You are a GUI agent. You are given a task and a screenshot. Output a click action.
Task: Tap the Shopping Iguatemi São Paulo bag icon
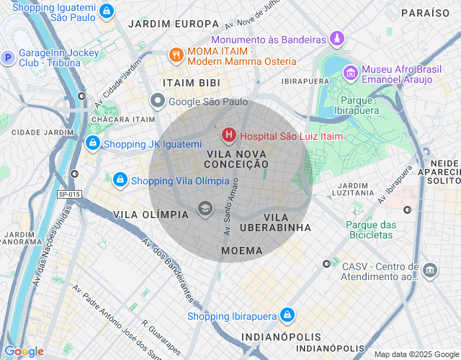[x=107, y=12]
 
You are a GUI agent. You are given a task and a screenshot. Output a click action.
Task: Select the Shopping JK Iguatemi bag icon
[x=92, y=144]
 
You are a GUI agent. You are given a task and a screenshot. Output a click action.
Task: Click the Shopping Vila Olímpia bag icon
[x=120, y=180]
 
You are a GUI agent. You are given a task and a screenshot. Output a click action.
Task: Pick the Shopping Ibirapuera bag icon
[x=287, y=315]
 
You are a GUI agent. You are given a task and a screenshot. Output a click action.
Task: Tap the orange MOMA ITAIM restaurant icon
[x=175, y=55]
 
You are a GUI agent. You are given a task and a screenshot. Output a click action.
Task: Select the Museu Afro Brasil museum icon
[x=350, y=73]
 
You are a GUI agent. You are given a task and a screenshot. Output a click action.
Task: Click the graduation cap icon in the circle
[x=205, y=210]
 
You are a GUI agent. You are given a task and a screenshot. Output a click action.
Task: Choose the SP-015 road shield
[x=70, y=194]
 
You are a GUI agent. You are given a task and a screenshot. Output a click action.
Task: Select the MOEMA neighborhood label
[x=242, y=250]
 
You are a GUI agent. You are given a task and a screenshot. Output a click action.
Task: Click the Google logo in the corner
[x=24, y=351]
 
